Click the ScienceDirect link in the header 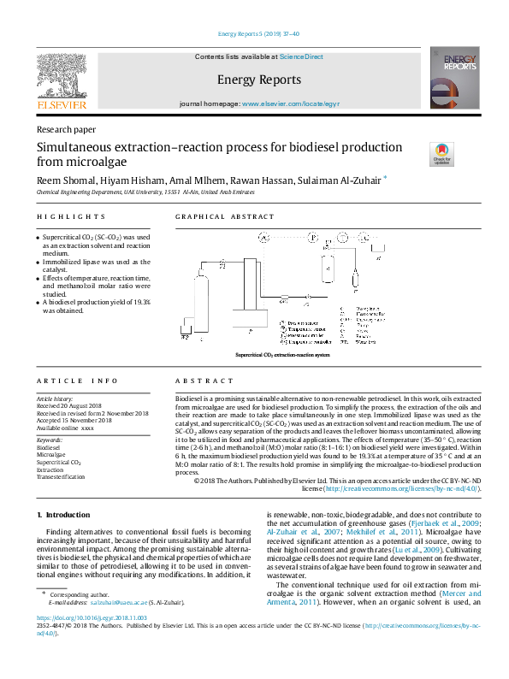[302, 56]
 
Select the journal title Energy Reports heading [259, 80]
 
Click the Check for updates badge [442, 153]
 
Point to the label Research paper [66, 129]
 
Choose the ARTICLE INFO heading [78, 380]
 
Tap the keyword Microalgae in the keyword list [52, 454]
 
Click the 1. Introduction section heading [64, 515]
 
